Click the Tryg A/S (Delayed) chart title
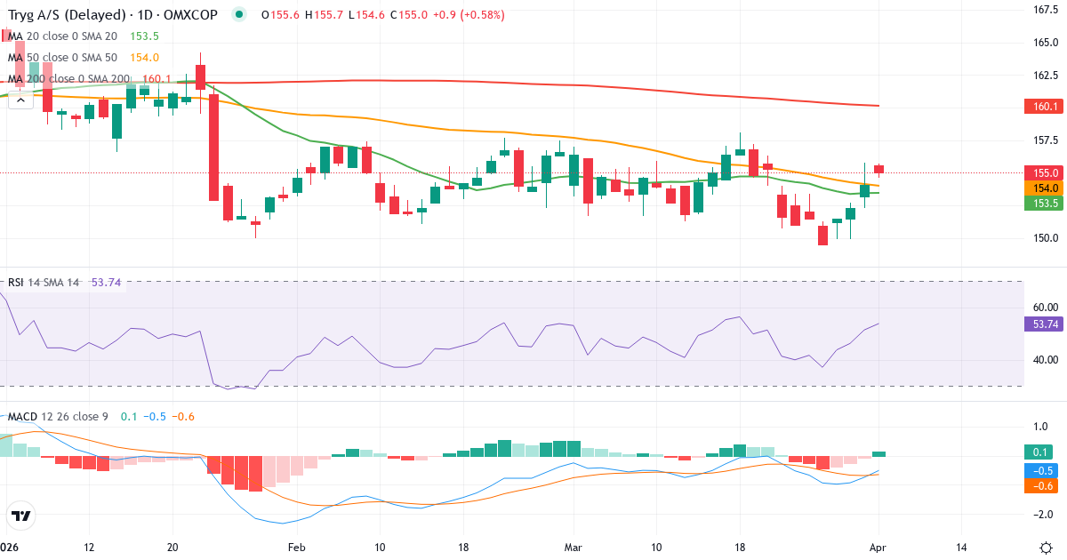(x=66, y=14)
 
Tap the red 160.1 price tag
(x=1043, y=107)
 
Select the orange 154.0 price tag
(x=1043, y=188)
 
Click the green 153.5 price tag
(x=1043, y=204)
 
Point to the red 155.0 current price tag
(x=1043, y=172)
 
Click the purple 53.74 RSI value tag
(x=1043, y=324)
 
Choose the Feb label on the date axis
(x=296, y=547)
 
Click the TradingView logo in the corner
(x=20, y=516)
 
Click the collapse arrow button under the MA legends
(x=20, y=100)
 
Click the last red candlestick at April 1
(x=878, y=169)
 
